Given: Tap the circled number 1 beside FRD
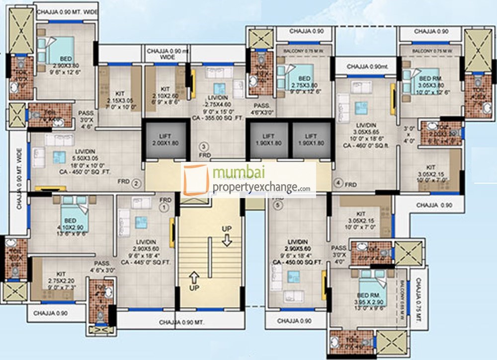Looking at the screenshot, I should (164, 209).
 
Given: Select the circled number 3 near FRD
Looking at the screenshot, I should (203, 146).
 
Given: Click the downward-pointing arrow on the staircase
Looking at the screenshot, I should (227, 241).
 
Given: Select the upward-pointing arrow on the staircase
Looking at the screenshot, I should (194, 275).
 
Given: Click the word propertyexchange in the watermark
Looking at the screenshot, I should (254, 187).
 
